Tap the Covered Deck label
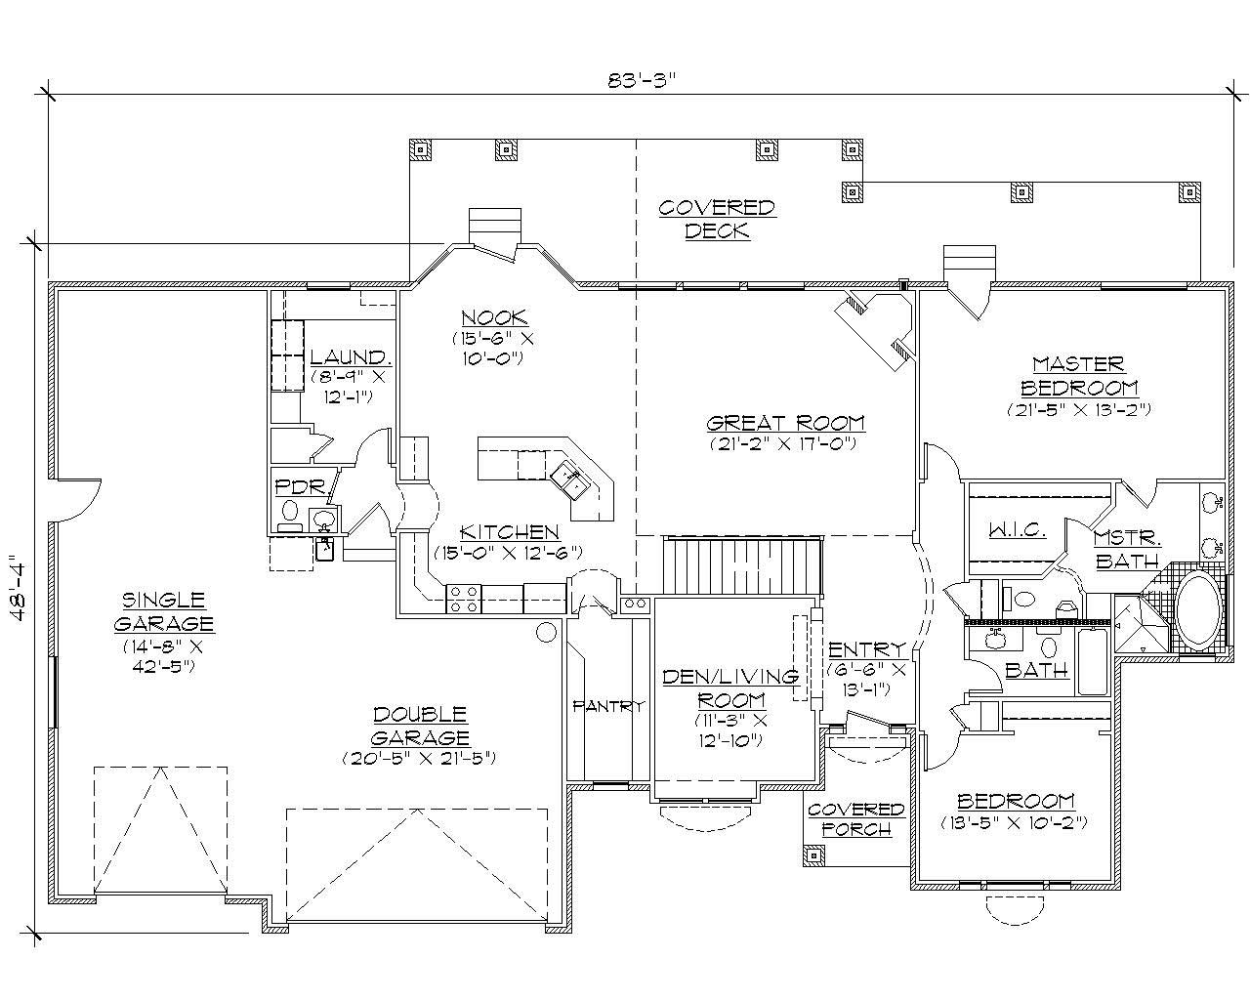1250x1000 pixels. [717, 220]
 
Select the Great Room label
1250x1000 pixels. [785, 423]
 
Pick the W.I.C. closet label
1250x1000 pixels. [1017, 530]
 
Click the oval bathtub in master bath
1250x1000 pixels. [1199, 612]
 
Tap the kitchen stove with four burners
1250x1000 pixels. [463, 599]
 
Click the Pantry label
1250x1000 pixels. [608, 706]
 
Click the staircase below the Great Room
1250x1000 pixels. [742, 564]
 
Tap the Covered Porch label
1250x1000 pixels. [855, 819]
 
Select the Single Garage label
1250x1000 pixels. [163, 611]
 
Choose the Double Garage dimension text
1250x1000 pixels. [419, 758]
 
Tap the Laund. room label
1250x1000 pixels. [350, 357]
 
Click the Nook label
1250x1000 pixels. [494, 317]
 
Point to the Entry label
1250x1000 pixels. [866, 649]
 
